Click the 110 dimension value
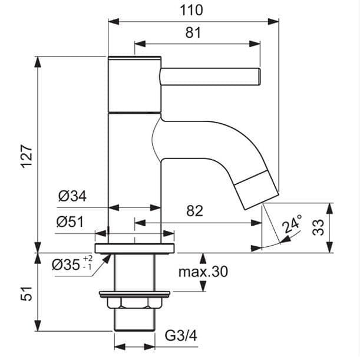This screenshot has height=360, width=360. pyautogui.click(x=191, y=11)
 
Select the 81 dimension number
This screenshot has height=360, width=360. pyautogui.click(x=193, y=32)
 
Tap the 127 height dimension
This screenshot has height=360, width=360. pyautogui.click(x=27, y=156)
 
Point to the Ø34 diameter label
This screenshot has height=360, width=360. pyautogui.click(x=72, y=196)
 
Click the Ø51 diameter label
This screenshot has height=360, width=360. pyautogui.click(x=70, y=222)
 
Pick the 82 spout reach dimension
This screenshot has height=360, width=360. pyautogui.click(x=195, y=211)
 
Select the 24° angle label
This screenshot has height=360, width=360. pyautogui.click(x=292, y=223)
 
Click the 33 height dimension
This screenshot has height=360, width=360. pyautogui.click(x=318, y=227)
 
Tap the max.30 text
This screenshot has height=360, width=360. pyautogui.click(x=203, y=272)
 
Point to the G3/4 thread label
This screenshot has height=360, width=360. pyautogui.click(x=181, y=336)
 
